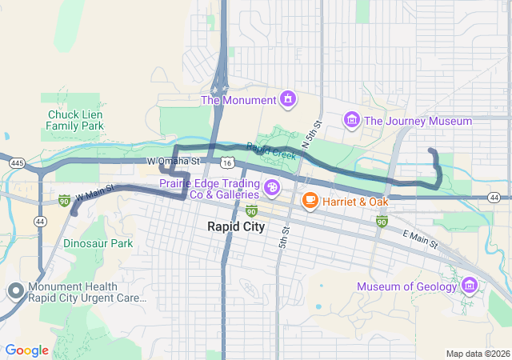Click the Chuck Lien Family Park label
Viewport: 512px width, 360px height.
tap(74, 120)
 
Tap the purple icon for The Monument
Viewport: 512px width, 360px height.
tap(287, 100)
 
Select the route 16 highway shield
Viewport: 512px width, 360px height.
tap(229, 162)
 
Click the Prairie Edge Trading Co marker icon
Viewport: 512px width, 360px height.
tap(272, 189)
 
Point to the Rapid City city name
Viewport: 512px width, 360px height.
tap(235, 226)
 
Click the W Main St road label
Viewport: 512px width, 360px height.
tap(96, 193)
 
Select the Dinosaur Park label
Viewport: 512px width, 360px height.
tap(98, 242)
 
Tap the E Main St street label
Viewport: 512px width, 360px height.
tap(420, 238)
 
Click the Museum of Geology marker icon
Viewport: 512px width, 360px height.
tap(469, 286)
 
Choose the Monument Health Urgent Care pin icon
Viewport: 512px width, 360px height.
tap(14, 292)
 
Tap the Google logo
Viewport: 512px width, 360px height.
tap(26, 350)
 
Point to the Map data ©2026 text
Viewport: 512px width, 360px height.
tap(477, 354)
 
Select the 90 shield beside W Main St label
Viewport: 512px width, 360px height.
tap(64, 199)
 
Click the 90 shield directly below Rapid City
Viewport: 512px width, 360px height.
tap(251, 210)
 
